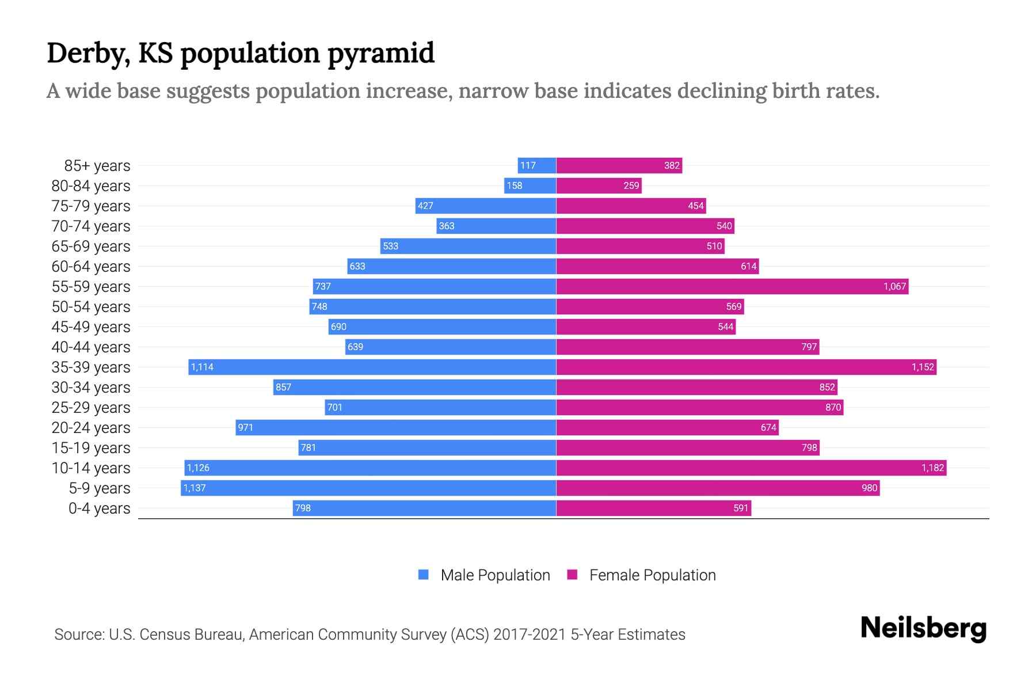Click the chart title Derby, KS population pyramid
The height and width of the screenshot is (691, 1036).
point(240,53)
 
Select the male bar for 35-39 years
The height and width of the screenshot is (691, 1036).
point(372,367)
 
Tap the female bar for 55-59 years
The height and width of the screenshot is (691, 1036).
point(732,286)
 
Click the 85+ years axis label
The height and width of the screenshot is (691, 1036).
point(97,166)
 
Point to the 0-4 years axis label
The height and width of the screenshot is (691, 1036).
point(99,508)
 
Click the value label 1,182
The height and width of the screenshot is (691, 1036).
point(932,468)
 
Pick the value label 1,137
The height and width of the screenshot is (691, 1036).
point(195,488)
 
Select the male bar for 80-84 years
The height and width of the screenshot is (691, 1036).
point(530,185)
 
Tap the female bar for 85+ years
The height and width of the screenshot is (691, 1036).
point(619,165)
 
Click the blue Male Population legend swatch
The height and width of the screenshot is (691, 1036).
point(424,575)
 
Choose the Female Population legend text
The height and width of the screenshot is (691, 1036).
point(652,575)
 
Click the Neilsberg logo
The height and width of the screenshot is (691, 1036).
point(923,628)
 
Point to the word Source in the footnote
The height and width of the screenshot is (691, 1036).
point(78,635)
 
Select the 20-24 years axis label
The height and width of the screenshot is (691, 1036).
point(91,428)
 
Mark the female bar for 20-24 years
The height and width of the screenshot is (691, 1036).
point(667,427)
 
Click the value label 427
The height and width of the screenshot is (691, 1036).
point(425,206)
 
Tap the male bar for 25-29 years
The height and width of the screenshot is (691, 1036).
point(440,407)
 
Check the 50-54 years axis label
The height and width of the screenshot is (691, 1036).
point(91,307)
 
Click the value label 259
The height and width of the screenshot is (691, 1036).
point(631,185)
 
